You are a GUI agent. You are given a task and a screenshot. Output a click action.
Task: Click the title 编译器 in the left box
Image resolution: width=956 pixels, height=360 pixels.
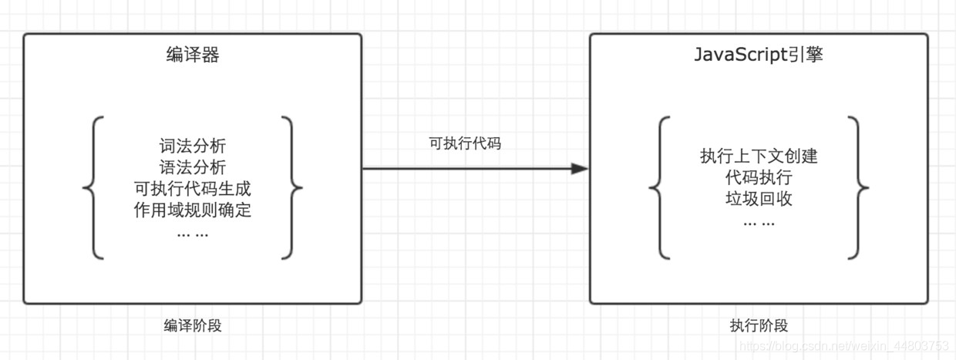pyautogui.click(x=193, y=56)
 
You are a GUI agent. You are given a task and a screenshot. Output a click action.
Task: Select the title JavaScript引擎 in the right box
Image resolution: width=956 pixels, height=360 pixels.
pyautogui.click(x=759, y=56)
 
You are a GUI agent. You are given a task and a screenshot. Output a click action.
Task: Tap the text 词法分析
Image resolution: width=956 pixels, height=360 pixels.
pyautogui.click(x=193, y=146)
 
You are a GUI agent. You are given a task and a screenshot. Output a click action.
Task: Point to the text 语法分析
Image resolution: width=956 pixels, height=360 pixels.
pyautogui.click(x=193, y=167)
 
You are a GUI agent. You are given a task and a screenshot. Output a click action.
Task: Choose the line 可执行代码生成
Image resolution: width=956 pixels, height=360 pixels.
pyautogui.click(x=193, y=189)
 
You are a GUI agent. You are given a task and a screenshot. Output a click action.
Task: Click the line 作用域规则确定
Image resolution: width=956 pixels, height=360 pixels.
pyautogui.click(x=193, y=210)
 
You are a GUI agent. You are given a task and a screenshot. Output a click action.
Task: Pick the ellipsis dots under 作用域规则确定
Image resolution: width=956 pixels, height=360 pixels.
pyautogui.click(x=193, y=233)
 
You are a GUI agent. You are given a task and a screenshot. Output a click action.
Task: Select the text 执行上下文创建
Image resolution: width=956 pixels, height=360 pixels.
pyautogui.click(x=759, y=156)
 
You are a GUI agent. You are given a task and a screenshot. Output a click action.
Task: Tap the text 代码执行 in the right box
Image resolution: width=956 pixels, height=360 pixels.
pyautogui.click(x=759, y=178)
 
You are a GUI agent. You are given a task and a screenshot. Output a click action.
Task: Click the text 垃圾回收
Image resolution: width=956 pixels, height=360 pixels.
pyautogui.click(x=759, y=200)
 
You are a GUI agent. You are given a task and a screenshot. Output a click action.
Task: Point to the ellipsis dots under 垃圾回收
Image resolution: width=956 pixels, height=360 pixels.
pyautogui.click(x=759, y=222)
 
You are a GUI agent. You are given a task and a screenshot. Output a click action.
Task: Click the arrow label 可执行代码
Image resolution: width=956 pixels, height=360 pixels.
pyautogui.click(x=465, y=143)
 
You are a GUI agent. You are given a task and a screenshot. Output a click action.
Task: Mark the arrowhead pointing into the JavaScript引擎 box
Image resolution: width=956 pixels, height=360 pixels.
pyautogui.click(x=580, y=168)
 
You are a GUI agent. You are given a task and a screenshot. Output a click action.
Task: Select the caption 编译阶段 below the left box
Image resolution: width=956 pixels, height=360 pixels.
pyautogui.click(x=193, y=325)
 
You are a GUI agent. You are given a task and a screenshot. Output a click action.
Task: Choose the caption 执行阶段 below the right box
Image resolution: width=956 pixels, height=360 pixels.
pyautogui.click(x=759, y=325)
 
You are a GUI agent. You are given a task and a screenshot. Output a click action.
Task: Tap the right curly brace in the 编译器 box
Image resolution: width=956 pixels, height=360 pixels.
pyautogui.click(x=291, y=187)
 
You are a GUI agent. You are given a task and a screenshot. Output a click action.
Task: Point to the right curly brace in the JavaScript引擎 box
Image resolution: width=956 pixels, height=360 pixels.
pyautogui.click(x=857, y=187)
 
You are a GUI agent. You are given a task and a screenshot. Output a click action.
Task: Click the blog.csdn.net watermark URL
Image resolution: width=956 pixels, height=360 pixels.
pyautogui.click(x=844, y=346)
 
